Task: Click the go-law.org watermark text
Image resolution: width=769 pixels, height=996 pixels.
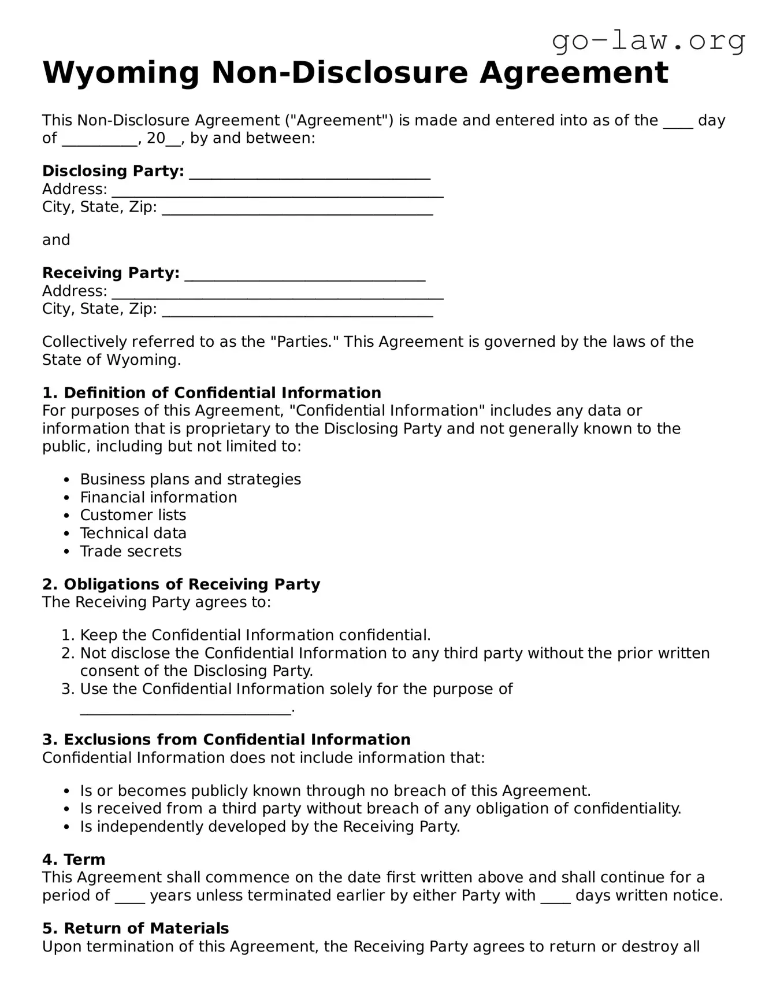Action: pos(648,41)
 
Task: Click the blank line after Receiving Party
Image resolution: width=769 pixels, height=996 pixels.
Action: pos(304,274)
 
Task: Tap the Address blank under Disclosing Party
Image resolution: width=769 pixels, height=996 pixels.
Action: pos(277,191)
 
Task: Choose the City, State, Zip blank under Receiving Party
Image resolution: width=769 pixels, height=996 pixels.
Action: pos(297,310)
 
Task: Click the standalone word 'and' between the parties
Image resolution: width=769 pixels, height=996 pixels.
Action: pos(56,240)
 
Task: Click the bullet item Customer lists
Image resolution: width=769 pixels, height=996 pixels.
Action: pos(133,515)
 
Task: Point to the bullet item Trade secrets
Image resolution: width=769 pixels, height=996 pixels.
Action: pos(131,551)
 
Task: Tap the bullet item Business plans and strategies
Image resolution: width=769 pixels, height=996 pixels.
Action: pos(190,479)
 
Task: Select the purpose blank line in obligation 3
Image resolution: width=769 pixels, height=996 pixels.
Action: pos(185,709)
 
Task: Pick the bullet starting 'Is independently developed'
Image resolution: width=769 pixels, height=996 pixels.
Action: pos(270,827)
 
